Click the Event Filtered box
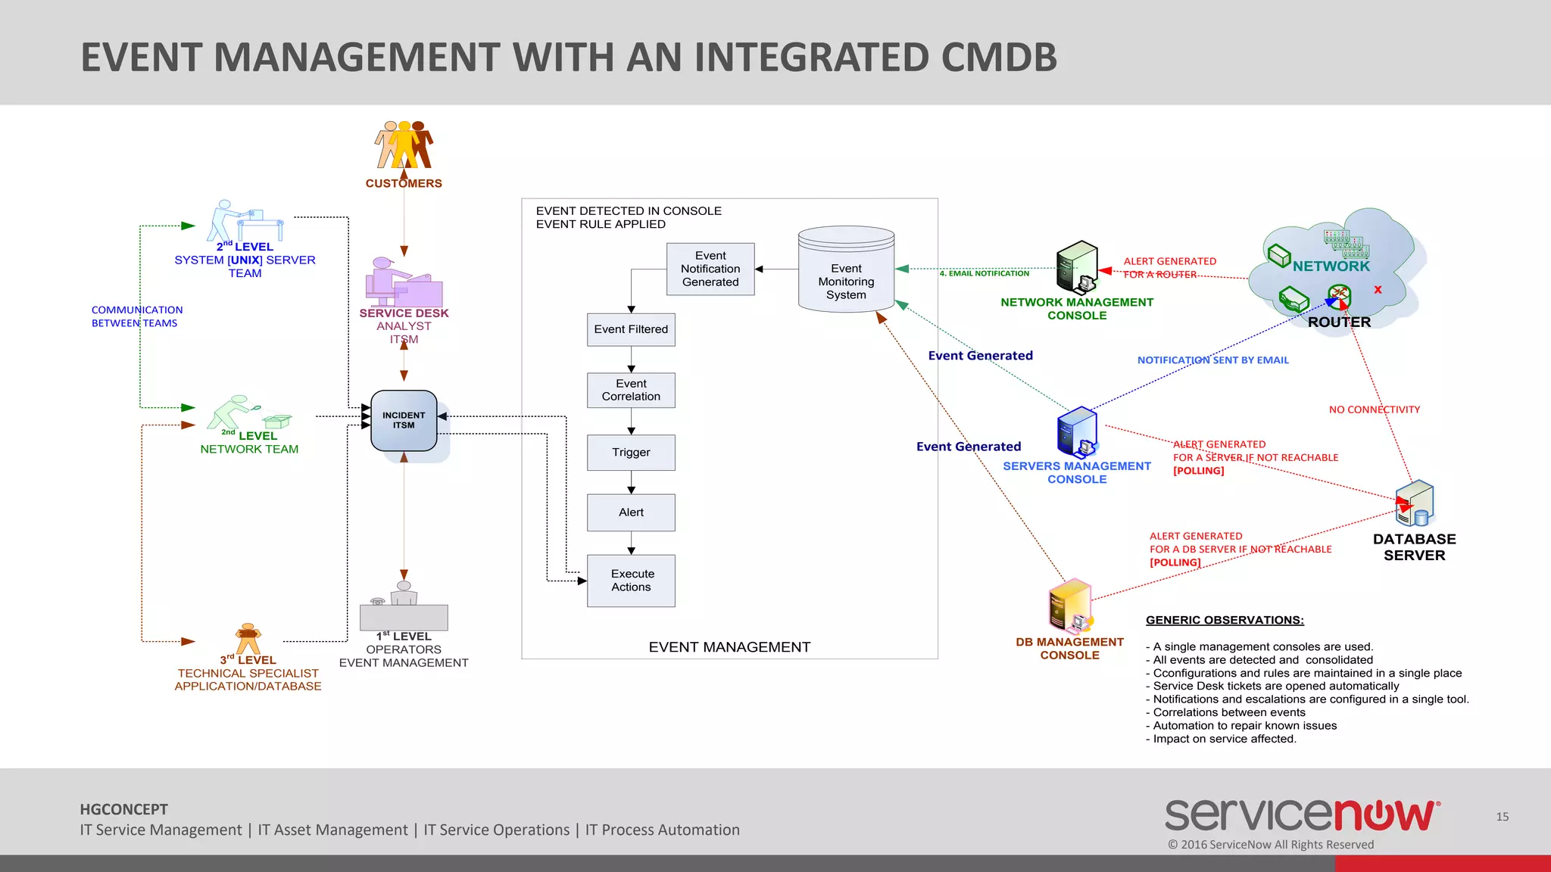631,329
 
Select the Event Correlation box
631,390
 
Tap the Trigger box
631,452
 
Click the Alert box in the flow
631,512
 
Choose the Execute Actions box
631,581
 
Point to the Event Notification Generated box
710,269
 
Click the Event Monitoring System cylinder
846,270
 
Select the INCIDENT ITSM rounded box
404,420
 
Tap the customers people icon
404,145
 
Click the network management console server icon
1077,267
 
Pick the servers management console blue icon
1077,431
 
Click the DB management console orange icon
1069,606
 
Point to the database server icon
1414,503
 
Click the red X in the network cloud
1378,290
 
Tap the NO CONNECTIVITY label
1375,410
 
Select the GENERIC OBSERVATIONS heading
1225,620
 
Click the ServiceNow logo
1302,816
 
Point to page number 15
1502,817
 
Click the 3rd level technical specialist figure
248,639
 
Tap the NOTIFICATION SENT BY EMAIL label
1212,360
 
